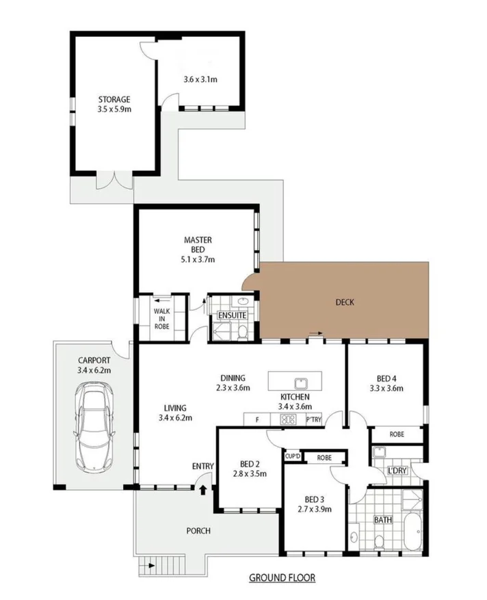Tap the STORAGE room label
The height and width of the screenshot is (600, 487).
pyautogui.click(x=114, y=99)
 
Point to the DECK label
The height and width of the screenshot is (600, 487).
pyautogui.click(x=344, y=302)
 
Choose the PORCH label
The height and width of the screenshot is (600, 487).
pyautogui.click(x=198, y=531)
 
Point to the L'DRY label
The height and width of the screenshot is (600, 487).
pyautogui.click(x=397, y=471)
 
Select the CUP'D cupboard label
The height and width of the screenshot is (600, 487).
pyautogui.click(x=292, y=456)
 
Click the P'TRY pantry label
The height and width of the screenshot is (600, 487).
pyautogui.click(x=314, y=419)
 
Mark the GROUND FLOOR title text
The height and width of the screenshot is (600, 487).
pyautogui.click(x=282, y=577)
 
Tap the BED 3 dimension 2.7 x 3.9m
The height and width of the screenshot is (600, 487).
pyautogui.click(x=315, y=509)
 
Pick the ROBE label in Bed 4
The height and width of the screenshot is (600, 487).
pyautogui.click(x=397, y=434)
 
